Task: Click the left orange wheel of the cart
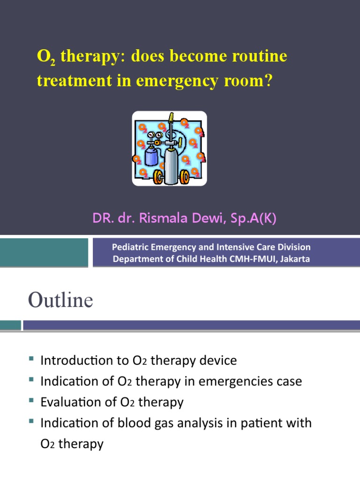(158, 177)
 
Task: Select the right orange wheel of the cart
(185, 177)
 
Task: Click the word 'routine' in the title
(260, 57)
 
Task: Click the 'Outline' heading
(60, 300)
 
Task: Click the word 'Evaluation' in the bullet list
(70, 402)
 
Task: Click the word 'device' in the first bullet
(218, 360)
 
